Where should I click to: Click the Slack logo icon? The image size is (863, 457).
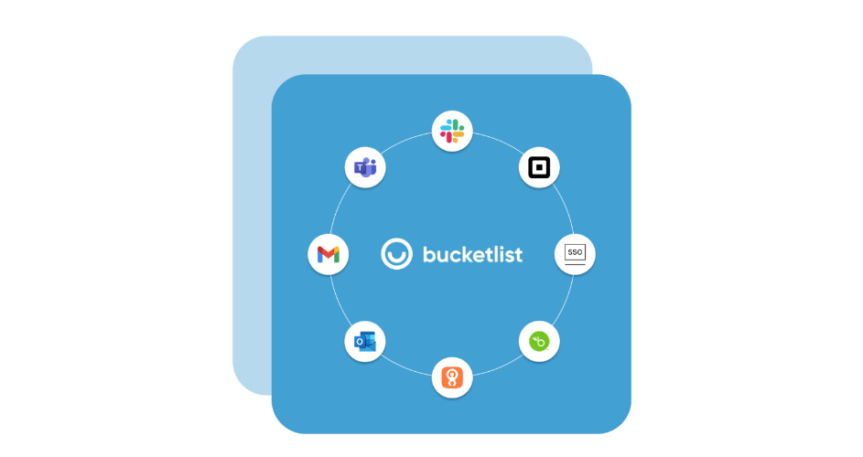click(x=452, y=131)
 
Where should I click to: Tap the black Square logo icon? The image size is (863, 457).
click(x=539, y=167)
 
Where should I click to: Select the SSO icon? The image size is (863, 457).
click(x=575, y=254)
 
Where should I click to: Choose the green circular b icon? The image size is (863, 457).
click(x=539, y=341)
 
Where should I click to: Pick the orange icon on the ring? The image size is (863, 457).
click(x=452, y=377)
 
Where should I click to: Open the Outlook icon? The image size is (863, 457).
click(x=365, y=341)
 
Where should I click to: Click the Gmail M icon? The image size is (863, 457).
click(x=328, y=254)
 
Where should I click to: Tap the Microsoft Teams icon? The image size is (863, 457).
click(x=365, y=167)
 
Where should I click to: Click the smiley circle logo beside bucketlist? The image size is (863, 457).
click(x=396, y=254)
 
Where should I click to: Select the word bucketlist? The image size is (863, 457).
click(x=472, y=254)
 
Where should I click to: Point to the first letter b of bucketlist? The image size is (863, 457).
click(x=429, y=254)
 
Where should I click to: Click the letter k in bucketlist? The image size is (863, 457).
click(x=471, y=254)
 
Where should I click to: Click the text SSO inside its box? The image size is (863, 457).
click(x=575, y=252)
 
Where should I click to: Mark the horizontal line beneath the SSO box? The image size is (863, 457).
click(x=575, y=264)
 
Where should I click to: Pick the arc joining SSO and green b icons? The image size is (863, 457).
click(x=564, y=302)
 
